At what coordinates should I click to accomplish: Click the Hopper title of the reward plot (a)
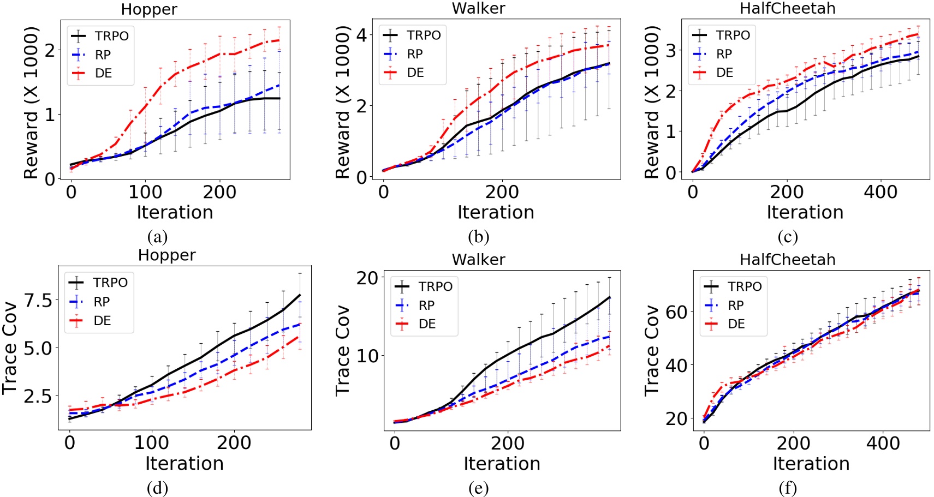[149, 9]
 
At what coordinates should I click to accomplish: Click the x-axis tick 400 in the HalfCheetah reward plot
[880, 192]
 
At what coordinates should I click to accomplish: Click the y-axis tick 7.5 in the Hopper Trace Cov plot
[38, 300]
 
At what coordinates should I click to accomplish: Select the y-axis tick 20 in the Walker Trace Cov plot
[367, 278]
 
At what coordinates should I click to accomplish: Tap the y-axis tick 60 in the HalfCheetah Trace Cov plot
[676, 312]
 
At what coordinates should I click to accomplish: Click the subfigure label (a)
[157, 237]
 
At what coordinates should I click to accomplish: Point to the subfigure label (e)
[478, 488]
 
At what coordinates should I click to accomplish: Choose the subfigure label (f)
[788, 488]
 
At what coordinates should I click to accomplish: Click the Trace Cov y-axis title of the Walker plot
[342, 350]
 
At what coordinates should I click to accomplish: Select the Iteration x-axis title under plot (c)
[805, 212]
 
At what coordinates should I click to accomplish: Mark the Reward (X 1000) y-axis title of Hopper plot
[31, 103]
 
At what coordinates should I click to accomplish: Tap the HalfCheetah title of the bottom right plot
[787, 259]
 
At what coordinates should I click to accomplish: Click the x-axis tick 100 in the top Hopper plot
[145, 192]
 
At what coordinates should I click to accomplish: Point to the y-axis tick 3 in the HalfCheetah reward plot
[671, 50]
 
